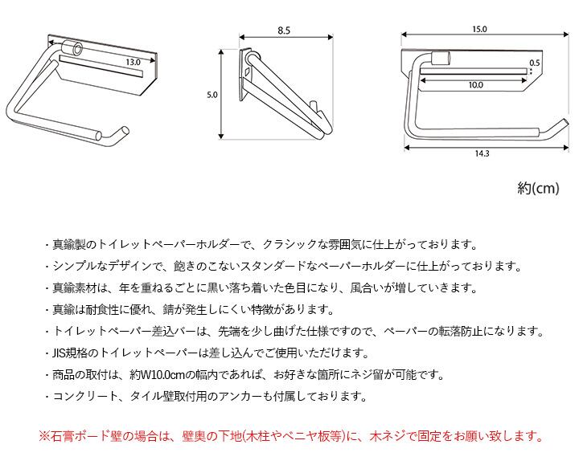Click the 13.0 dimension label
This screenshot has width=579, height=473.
tap(133, 61)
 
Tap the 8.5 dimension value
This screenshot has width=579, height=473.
tap(282, 30)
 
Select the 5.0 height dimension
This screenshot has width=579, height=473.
tap(212, 95)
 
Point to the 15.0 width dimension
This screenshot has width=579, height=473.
tap(479, 30)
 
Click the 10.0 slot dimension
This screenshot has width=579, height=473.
tap(475, 84)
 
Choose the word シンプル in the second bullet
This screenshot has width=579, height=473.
tap(77, 267)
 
